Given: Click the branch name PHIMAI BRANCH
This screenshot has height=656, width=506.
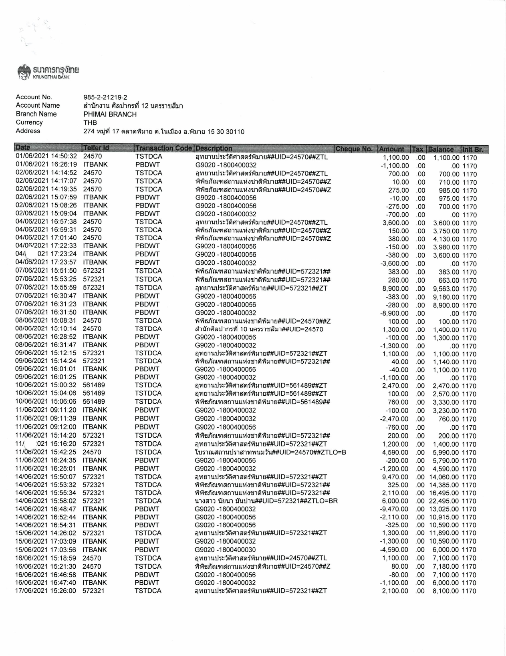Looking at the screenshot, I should tap(107, 114).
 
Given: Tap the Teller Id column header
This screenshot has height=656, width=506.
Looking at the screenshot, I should tap(96, 148).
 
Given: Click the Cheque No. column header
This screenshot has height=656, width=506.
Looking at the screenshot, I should tap(354, 149).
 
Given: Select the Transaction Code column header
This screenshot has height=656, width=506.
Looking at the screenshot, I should tap(164, 148).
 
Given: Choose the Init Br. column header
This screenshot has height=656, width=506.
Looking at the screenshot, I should tap(474, 149).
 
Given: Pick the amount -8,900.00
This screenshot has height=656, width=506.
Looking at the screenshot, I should tap(394, 313).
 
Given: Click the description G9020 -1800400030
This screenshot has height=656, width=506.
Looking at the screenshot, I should tap(226, 549).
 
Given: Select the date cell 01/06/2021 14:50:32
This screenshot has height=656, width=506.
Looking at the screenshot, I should tap(46, 157).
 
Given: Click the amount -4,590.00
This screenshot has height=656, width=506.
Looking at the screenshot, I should tap(394, 550).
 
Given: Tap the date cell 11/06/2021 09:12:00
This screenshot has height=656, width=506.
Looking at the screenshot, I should tap(46, 427).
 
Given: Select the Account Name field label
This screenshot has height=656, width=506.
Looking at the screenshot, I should tap(38, 105).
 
